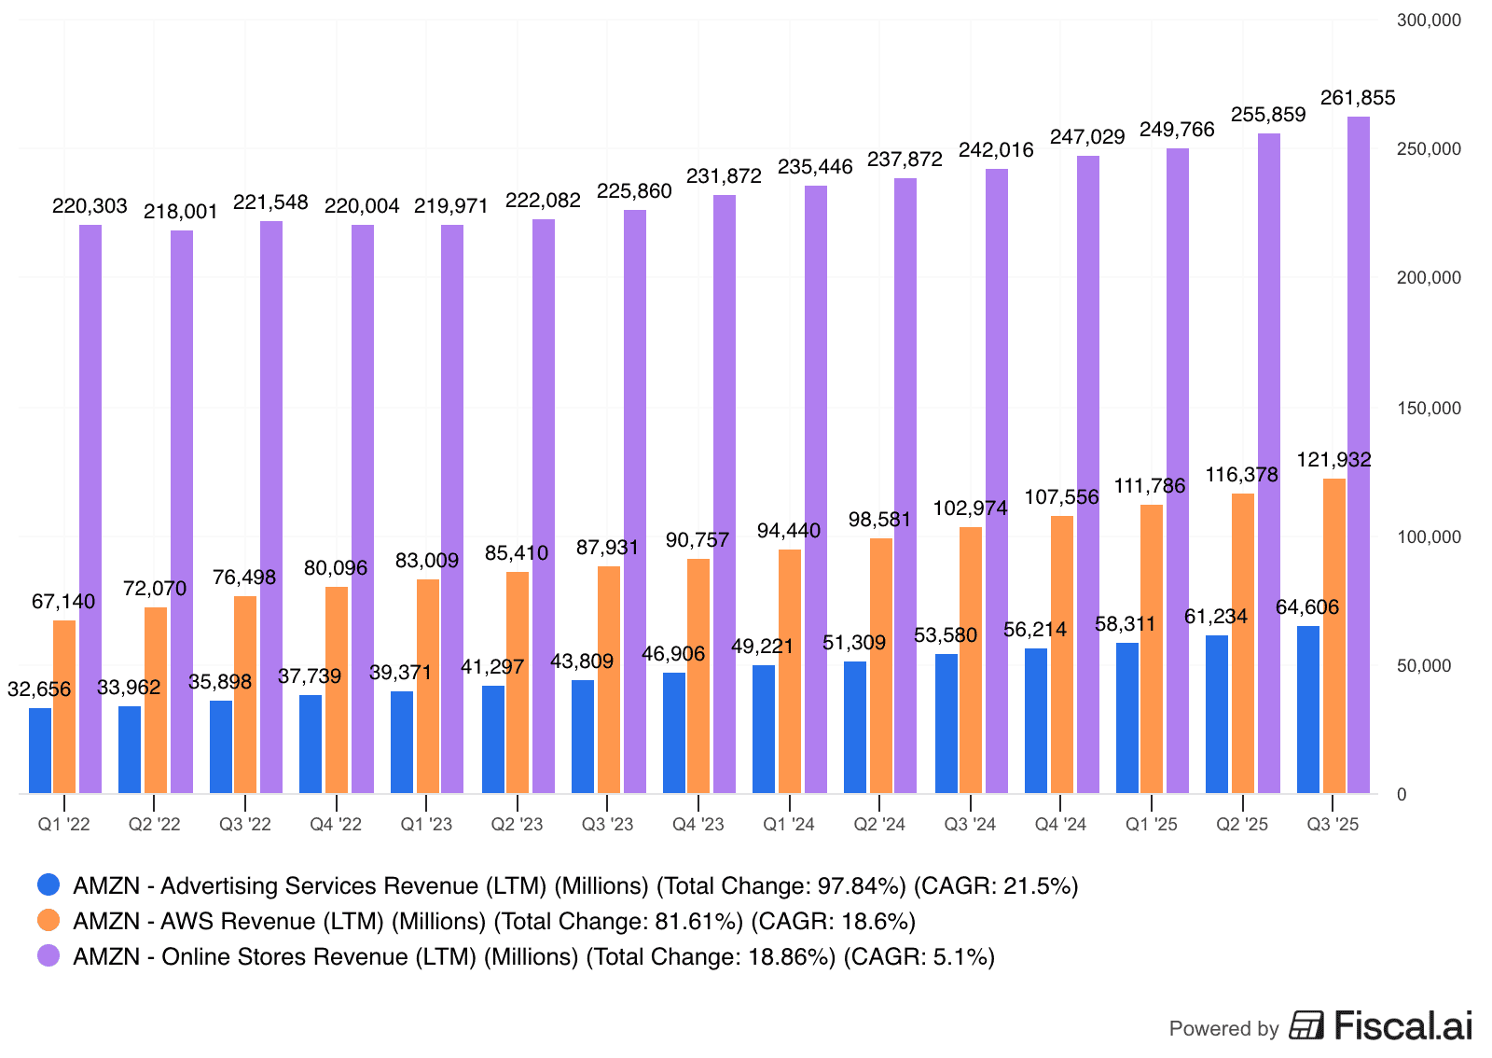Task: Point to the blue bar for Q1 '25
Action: coord(1127,717)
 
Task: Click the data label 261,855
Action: coord(1358,98)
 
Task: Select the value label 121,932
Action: coord(1333,460)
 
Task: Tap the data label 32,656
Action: coord(39,689)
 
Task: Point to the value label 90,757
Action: coord(697,540)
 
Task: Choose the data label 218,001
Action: coord(180,212)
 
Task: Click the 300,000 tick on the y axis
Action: coord(1428,21)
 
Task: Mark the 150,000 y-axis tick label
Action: coord(1428,409)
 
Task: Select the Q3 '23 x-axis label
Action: coord(607,825)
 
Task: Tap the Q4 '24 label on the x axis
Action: coord(1060,825)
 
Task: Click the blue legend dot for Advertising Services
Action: coord(48,884)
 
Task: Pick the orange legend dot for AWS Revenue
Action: coord(48,921)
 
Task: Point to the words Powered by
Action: coord(1223,1029)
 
